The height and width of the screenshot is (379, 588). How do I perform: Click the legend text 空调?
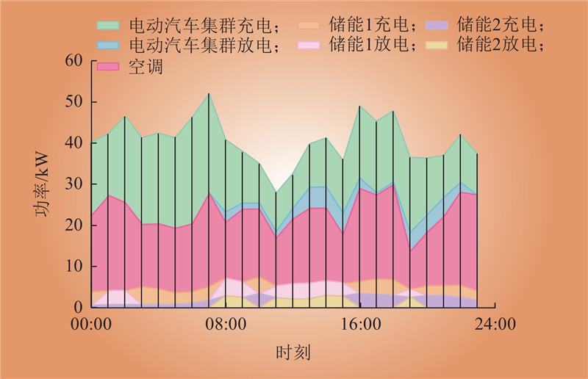[x=146, y=67]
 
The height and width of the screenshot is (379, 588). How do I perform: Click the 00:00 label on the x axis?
[x=91, y=324]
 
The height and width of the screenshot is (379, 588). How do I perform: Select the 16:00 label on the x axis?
[x=361, y=324]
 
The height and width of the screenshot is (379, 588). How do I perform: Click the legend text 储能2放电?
[x=499, y=46]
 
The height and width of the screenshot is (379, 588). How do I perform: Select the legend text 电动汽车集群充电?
[x=204, y=27]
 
